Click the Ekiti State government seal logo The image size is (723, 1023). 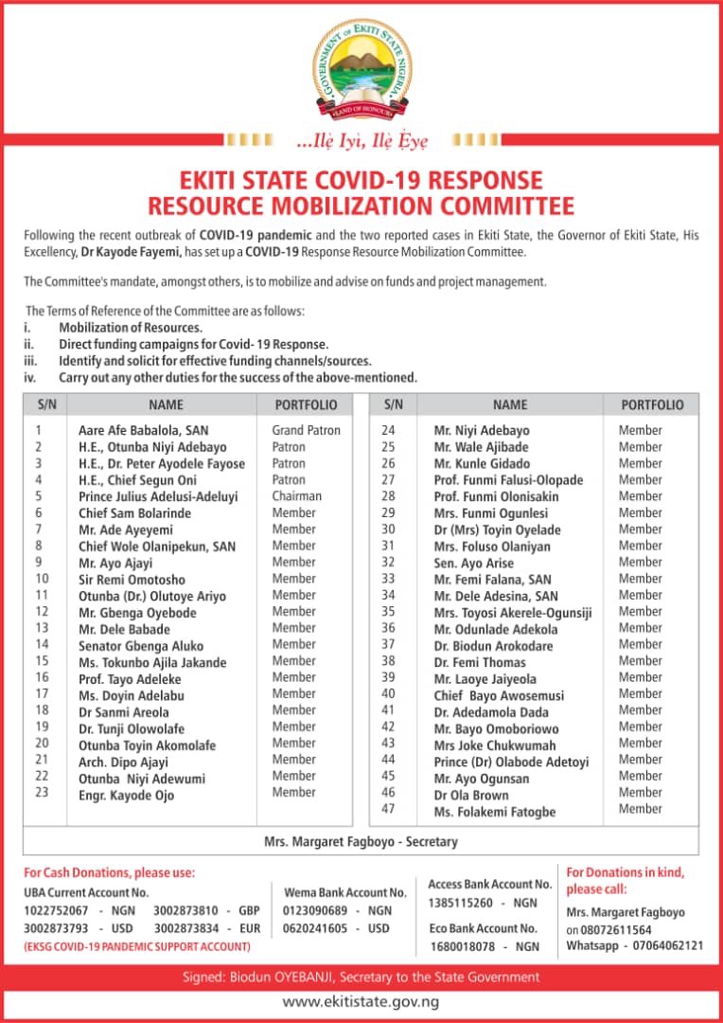tap(361, 71)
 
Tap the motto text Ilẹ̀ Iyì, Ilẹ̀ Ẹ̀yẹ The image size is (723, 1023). tap(362, 141)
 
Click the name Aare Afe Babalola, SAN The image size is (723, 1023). tap(143, 430)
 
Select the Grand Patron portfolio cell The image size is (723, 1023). tap(306, 430)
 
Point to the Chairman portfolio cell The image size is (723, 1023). tap(296, 495)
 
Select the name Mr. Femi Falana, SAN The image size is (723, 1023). tap(492, 579)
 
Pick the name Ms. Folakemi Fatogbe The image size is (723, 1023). tap(494, 812)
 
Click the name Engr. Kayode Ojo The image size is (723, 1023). tap(126, 795)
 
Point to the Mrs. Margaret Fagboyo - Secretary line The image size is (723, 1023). tap(360, 841)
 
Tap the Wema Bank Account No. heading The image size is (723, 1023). tap(345, 892)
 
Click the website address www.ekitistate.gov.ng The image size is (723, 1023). tap(361, 1001)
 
